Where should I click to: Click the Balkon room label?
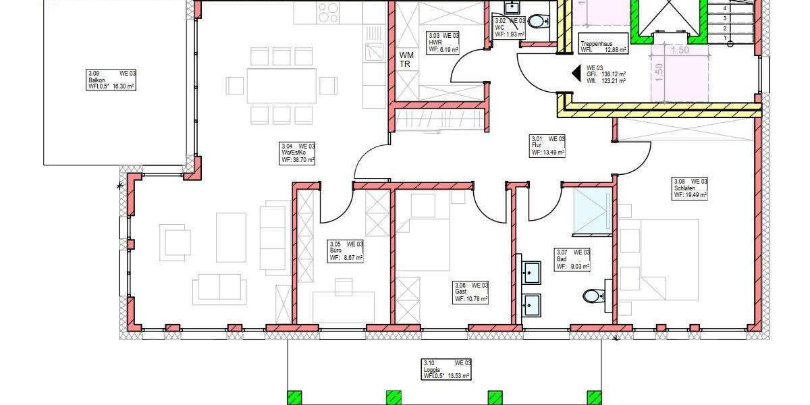pos(111,80)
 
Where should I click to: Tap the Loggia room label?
pos(446,370)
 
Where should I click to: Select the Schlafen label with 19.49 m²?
pos(689,188)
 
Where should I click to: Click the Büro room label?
pos(346,250)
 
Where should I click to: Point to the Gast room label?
pos(470,292)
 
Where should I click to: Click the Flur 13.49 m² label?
pos(547,145)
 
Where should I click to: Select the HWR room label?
pos(443,42)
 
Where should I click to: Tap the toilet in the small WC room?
pos(538,22)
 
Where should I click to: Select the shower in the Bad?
pos(591,212)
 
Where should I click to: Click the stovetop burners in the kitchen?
pos(328,13)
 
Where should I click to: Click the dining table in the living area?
pos(281,86)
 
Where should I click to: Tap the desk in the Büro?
pos(344,306)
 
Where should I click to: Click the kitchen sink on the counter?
pos(373,51)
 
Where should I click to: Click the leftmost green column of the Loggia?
pos(294,398)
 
